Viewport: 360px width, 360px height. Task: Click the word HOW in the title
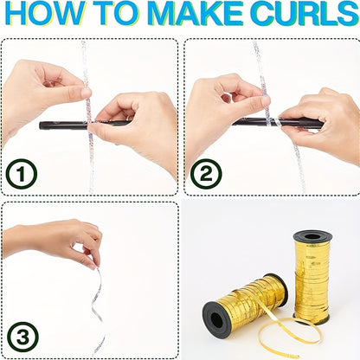pyautogui.click(x=46, y=13)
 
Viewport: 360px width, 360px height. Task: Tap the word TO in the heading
pyautogui.click(x=120, y=13)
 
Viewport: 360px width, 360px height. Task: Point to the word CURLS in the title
pyautogui.click(x=304, y=13)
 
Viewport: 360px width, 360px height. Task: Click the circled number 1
pyautogui.click(x=22, y=174)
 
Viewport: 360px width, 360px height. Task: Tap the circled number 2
pyautogui.click(x=206, y=174)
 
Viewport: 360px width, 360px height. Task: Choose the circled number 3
pyautogui.click(x=22, y=337)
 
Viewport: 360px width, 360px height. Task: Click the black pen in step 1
pyautogui.click(x=84, y=125)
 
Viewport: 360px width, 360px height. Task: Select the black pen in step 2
pyautogui.click(x=278, y=122)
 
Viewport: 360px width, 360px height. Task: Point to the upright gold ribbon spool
pyautogui.click(x=312, y=277)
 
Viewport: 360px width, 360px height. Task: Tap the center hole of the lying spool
pyautogui.click(x=216, y=319)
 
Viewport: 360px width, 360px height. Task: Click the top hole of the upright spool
pyautogui.click(x=312, y=237)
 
